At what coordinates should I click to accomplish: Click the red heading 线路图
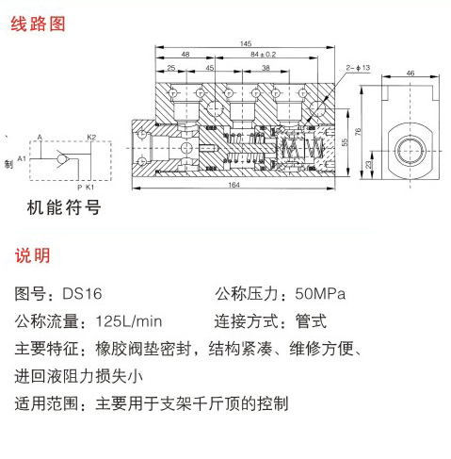pyautogui.click(x=38, y=24)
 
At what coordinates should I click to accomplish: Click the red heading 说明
pyautogui.click(x=32, y=255)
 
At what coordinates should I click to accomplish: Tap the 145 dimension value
pyautogui.click(x=246, y=43)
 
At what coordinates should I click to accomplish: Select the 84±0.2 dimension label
pyautogui.click(x=263, y=55)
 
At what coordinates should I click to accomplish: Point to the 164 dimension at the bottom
pyautogui.click(x=234, y=185)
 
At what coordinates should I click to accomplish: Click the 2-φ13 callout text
pyautogui.click(x=358, y=68)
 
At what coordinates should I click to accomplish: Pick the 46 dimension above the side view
pyautogui.click(x=411, y=73)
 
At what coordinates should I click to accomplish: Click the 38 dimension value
pyautogui.click(x=266, y=68)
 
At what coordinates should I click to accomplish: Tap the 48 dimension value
pyautogui.click(x=185, y=55)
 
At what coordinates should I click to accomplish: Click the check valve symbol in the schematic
pyautogui.click(x=63, y=158)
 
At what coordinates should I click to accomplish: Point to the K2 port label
pyautogui.click(x=91, y=137)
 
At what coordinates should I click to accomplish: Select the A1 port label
pyautogui.click(x=22, y=158)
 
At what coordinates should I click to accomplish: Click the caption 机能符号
pyautogui.click(x=64, y=207)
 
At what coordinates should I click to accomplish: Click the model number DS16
pyautogui.click(x=82, y=294)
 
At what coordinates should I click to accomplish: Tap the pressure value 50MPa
pyautogui.click(x=320, y=294)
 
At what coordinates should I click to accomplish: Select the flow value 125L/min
pyautogui.click(x=129, y=321)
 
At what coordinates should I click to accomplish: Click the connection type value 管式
pyautogui.click(x=311, y=321)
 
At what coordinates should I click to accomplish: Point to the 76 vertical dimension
pyautogui.click(x=358, y=132)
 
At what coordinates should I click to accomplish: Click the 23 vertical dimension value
pyautogui.click(x=368, y=164)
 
